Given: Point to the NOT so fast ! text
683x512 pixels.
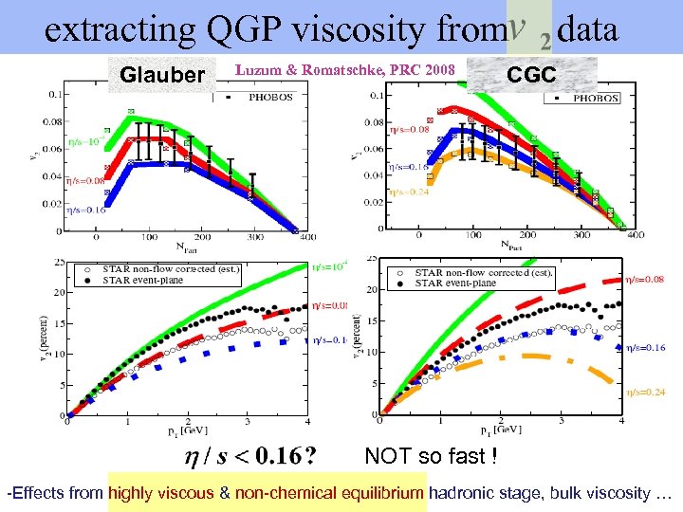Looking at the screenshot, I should (431, 457).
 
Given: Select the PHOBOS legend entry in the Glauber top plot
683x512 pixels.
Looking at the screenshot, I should (270, 96).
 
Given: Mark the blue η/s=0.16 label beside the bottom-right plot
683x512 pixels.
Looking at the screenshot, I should (645, 348).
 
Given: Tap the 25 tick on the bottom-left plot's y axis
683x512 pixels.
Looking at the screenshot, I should (60, 262).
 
